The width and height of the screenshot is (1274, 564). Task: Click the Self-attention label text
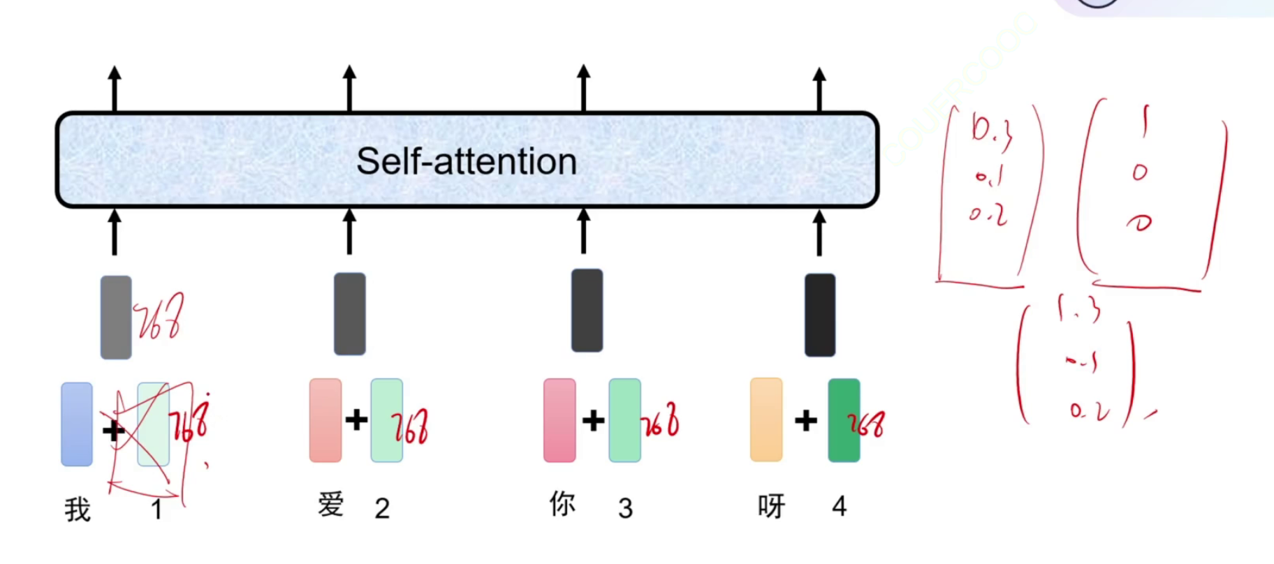466,161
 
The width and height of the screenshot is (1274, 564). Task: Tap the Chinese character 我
78,510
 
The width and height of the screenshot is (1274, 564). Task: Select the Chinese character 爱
331,504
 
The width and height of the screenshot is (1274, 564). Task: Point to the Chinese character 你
562,503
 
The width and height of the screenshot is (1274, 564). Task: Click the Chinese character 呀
772,506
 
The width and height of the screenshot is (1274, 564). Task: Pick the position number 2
382,508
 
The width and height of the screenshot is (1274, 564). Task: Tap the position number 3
625,508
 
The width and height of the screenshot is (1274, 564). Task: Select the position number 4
840,506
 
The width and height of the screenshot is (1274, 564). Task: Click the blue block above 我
77,424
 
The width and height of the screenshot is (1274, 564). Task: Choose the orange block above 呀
766,420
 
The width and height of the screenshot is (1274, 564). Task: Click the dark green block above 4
843,420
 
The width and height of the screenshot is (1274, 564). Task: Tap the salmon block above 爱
325,420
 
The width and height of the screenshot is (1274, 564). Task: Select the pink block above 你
559,420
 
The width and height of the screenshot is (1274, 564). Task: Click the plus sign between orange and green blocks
805,420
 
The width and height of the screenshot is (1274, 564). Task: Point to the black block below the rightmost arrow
820,315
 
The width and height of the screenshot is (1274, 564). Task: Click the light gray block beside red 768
116,317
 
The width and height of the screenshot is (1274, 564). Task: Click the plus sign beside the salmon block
356,420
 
